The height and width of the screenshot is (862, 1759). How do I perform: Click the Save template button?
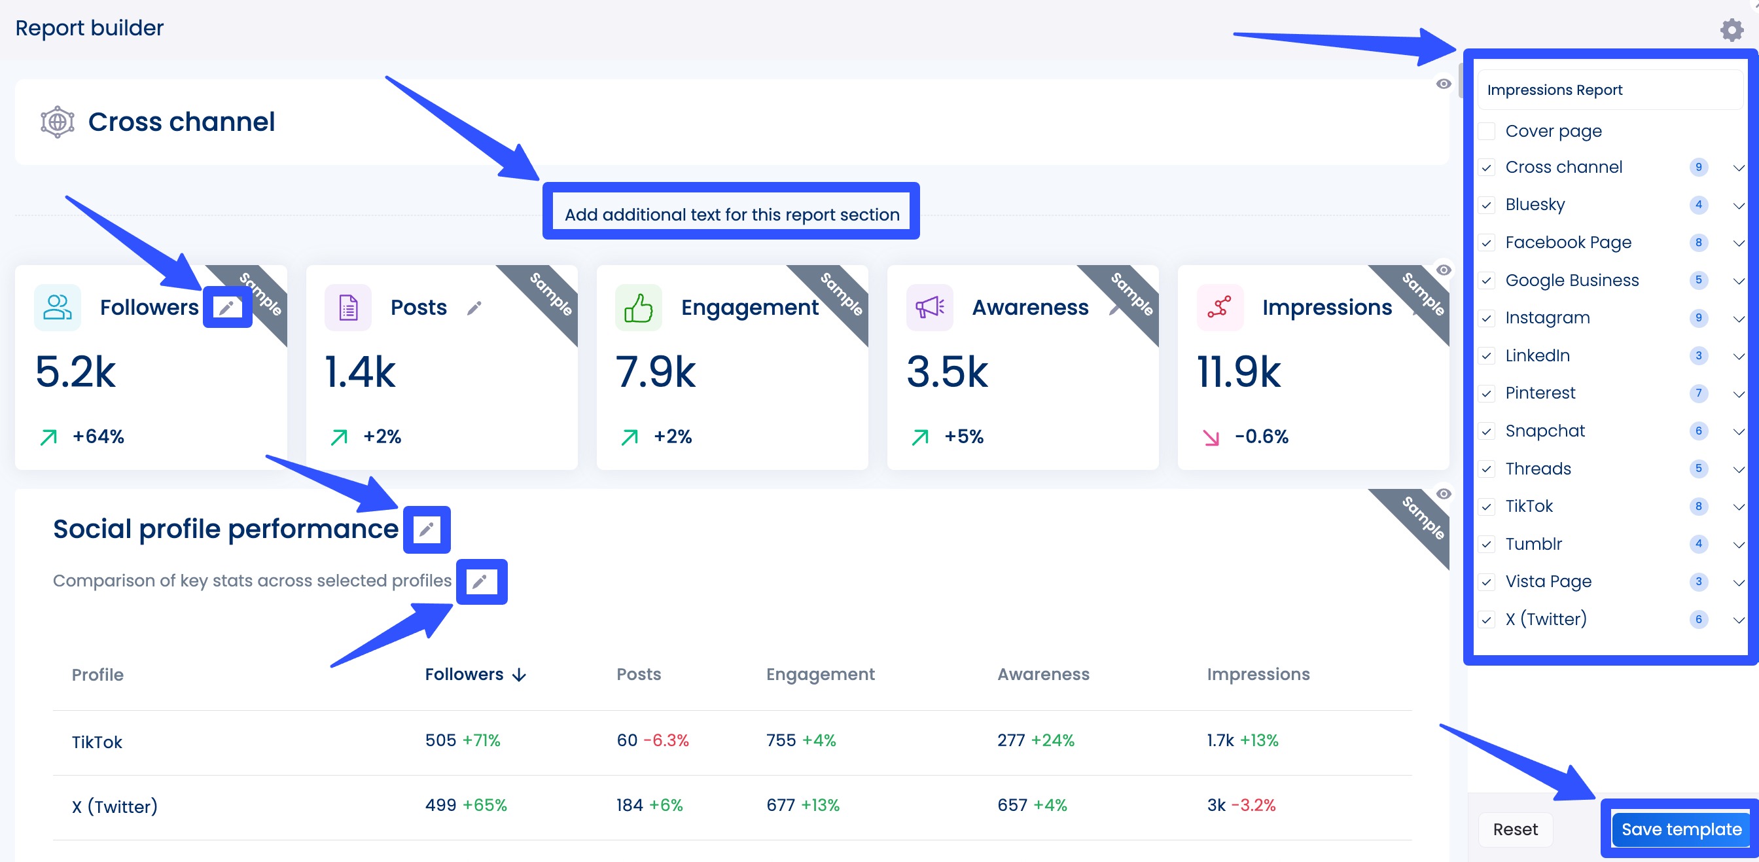point(1680,829)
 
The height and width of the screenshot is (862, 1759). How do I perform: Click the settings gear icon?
point(1731,30)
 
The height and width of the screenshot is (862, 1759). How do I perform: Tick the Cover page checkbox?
point(1487,131)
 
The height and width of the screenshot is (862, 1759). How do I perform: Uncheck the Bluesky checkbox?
point(1487,205)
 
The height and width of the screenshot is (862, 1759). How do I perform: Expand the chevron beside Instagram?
point(1738,318)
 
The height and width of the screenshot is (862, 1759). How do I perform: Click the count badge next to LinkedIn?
point(1698,355)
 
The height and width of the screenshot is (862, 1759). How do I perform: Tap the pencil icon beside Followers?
point(227,308)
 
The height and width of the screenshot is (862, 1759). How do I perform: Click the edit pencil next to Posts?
point(474,308)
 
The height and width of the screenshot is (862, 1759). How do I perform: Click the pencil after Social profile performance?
point(427,530)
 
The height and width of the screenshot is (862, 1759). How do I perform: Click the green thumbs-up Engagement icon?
point(638,308)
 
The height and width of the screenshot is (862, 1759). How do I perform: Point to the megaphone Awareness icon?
point(929,308)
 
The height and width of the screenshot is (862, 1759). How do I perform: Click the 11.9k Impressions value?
point(1239,372)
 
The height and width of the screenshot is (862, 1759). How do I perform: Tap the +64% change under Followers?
point(98,437)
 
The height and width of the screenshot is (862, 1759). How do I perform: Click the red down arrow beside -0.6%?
point(1211,437)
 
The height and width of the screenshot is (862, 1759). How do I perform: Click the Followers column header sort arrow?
point(520,675)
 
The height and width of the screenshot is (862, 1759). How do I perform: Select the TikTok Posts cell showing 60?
point(627,740)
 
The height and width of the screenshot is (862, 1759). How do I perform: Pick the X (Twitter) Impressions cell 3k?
point(1216,805)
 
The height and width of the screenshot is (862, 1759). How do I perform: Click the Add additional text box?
point(732,215)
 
